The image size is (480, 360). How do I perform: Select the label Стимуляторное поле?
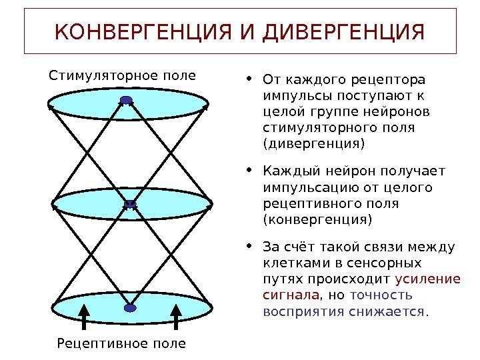coord(123,75)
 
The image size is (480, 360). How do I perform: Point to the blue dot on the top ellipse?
coord(126,101)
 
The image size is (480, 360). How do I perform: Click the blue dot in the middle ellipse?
coord(131,205)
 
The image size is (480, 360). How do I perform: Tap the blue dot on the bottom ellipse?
coord(129,307)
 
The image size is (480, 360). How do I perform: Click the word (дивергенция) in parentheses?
coord(314,143)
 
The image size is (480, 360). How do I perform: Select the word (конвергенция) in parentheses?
coord(317,219)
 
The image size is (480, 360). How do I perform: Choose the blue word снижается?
coord(393,311)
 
